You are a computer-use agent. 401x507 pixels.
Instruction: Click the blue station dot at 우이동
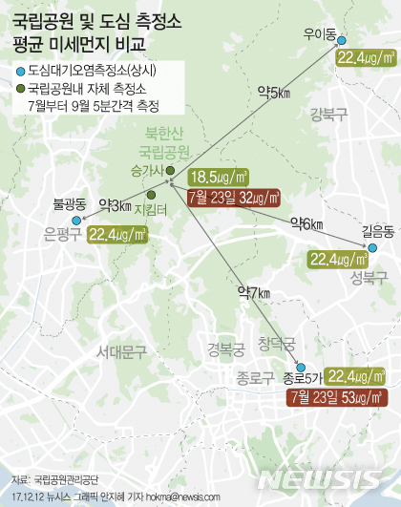(345, 40)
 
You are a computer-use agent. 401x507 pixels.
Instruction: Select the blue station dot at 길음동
(365, 247)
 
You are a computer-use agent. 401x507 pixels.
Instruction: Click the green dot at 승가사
(169, 172)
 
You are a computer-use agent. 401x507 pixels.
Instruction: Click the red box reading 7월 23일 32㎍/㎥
(234, 198)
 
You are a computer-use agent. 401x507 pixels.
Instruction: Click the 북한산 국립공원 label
(164, 142)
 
